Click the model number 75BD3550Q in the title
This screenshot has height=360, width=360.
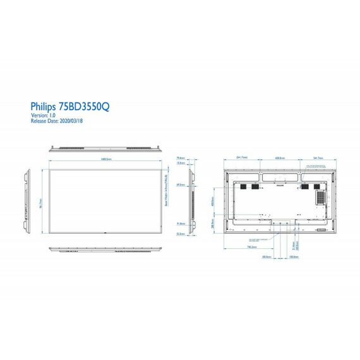[x=84, y=108]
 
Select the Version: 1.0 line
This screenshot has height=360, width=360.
[x=44, y=116]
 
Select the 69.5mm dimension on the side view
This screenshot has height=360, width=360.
[x=181, y=185]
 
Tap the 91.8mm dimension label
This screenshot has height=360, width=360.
[x=181, y=224]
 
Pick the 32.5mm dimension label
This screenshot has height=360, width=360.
[x=181, y=233]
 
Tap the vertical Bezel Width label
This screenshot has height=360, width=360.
[x=165, y=186]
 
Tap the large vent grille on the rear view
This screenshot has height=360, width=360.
[x=321, y=198]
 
